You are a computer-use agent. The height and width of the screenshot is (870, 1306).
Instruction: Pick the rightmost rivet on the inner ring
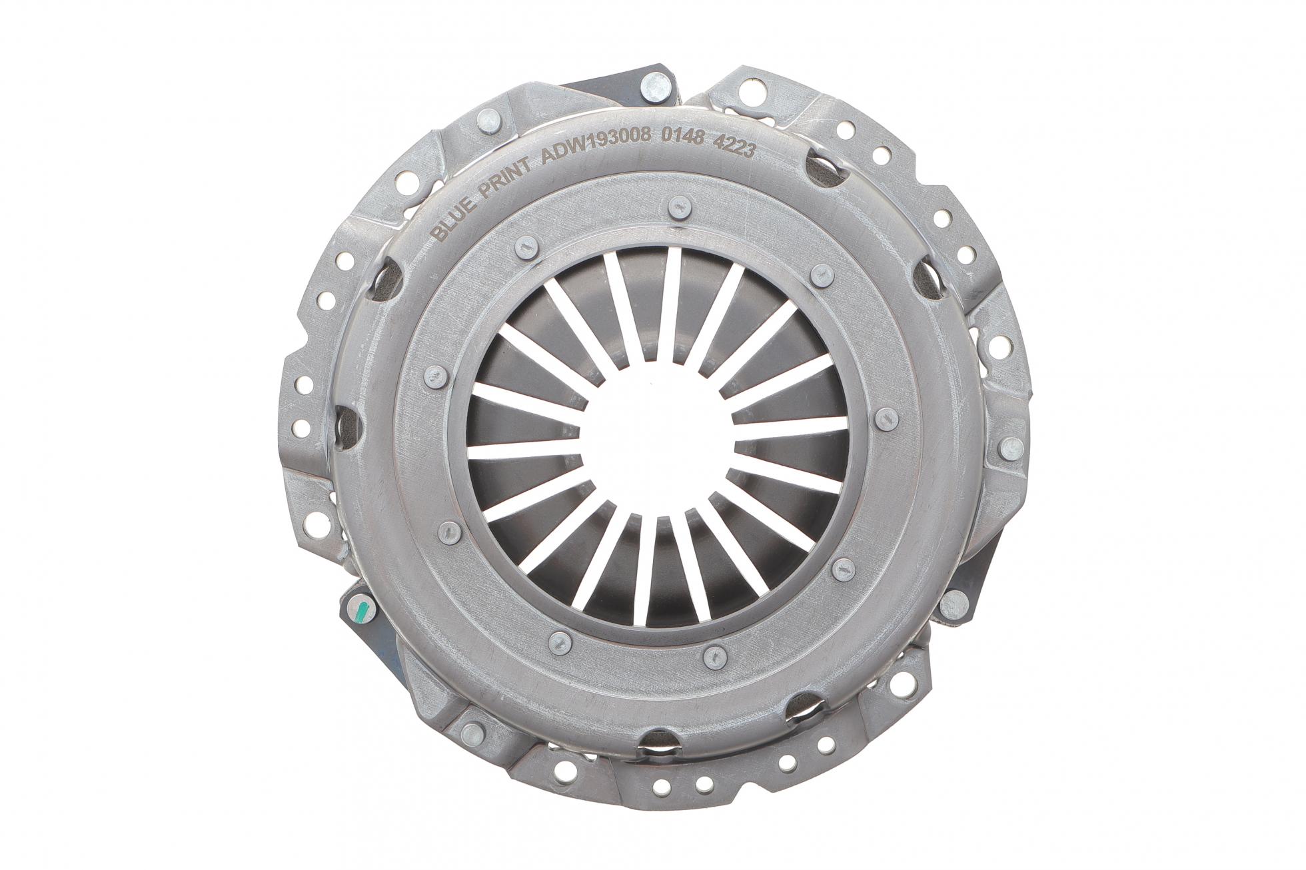886,417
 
